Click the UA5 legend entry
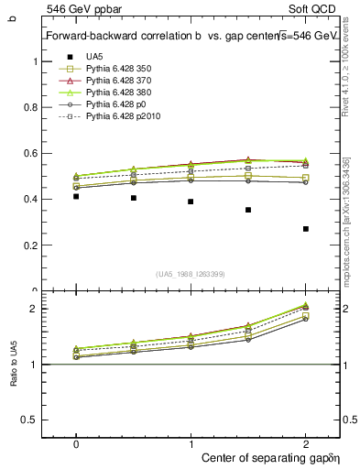(x=93, y=57)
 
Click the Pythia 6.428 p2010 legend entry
(x=123, y=116)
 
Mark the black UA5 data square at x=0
(x=76, y=197)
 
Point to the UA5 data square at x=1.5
(x=248, y=210)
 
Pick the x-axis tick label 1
(x=191, y=442)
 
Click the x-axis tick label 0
(x=76, y=442)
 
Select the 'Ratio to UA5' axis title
(x=13, y=377)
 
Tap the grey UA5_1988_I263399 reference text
(x=191, y=275)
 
